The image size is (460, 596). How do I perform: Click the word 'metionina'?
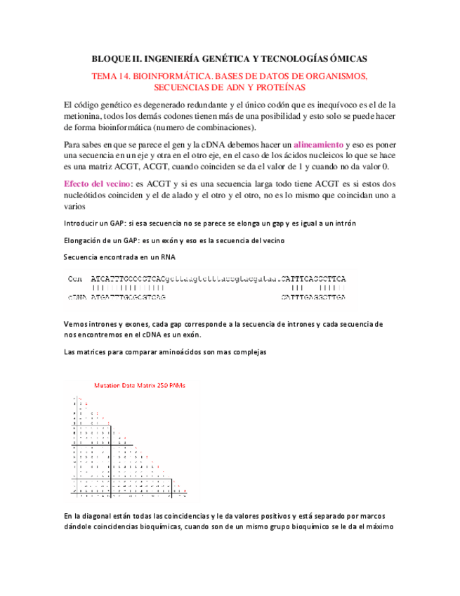[x=81, y=116]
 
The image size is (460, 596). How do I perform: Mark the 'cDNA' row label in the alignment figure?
[x=77, y=297]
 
